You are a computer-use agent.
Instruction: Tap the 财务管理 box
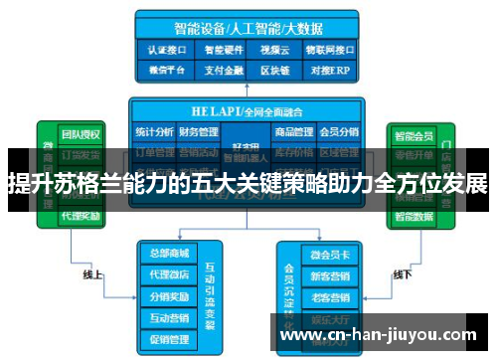tap(198, 130)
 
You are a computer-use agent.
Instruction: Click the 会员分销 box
tap(338, 130)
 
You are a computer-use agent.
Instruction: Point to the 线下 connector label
tap(402, 274)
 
